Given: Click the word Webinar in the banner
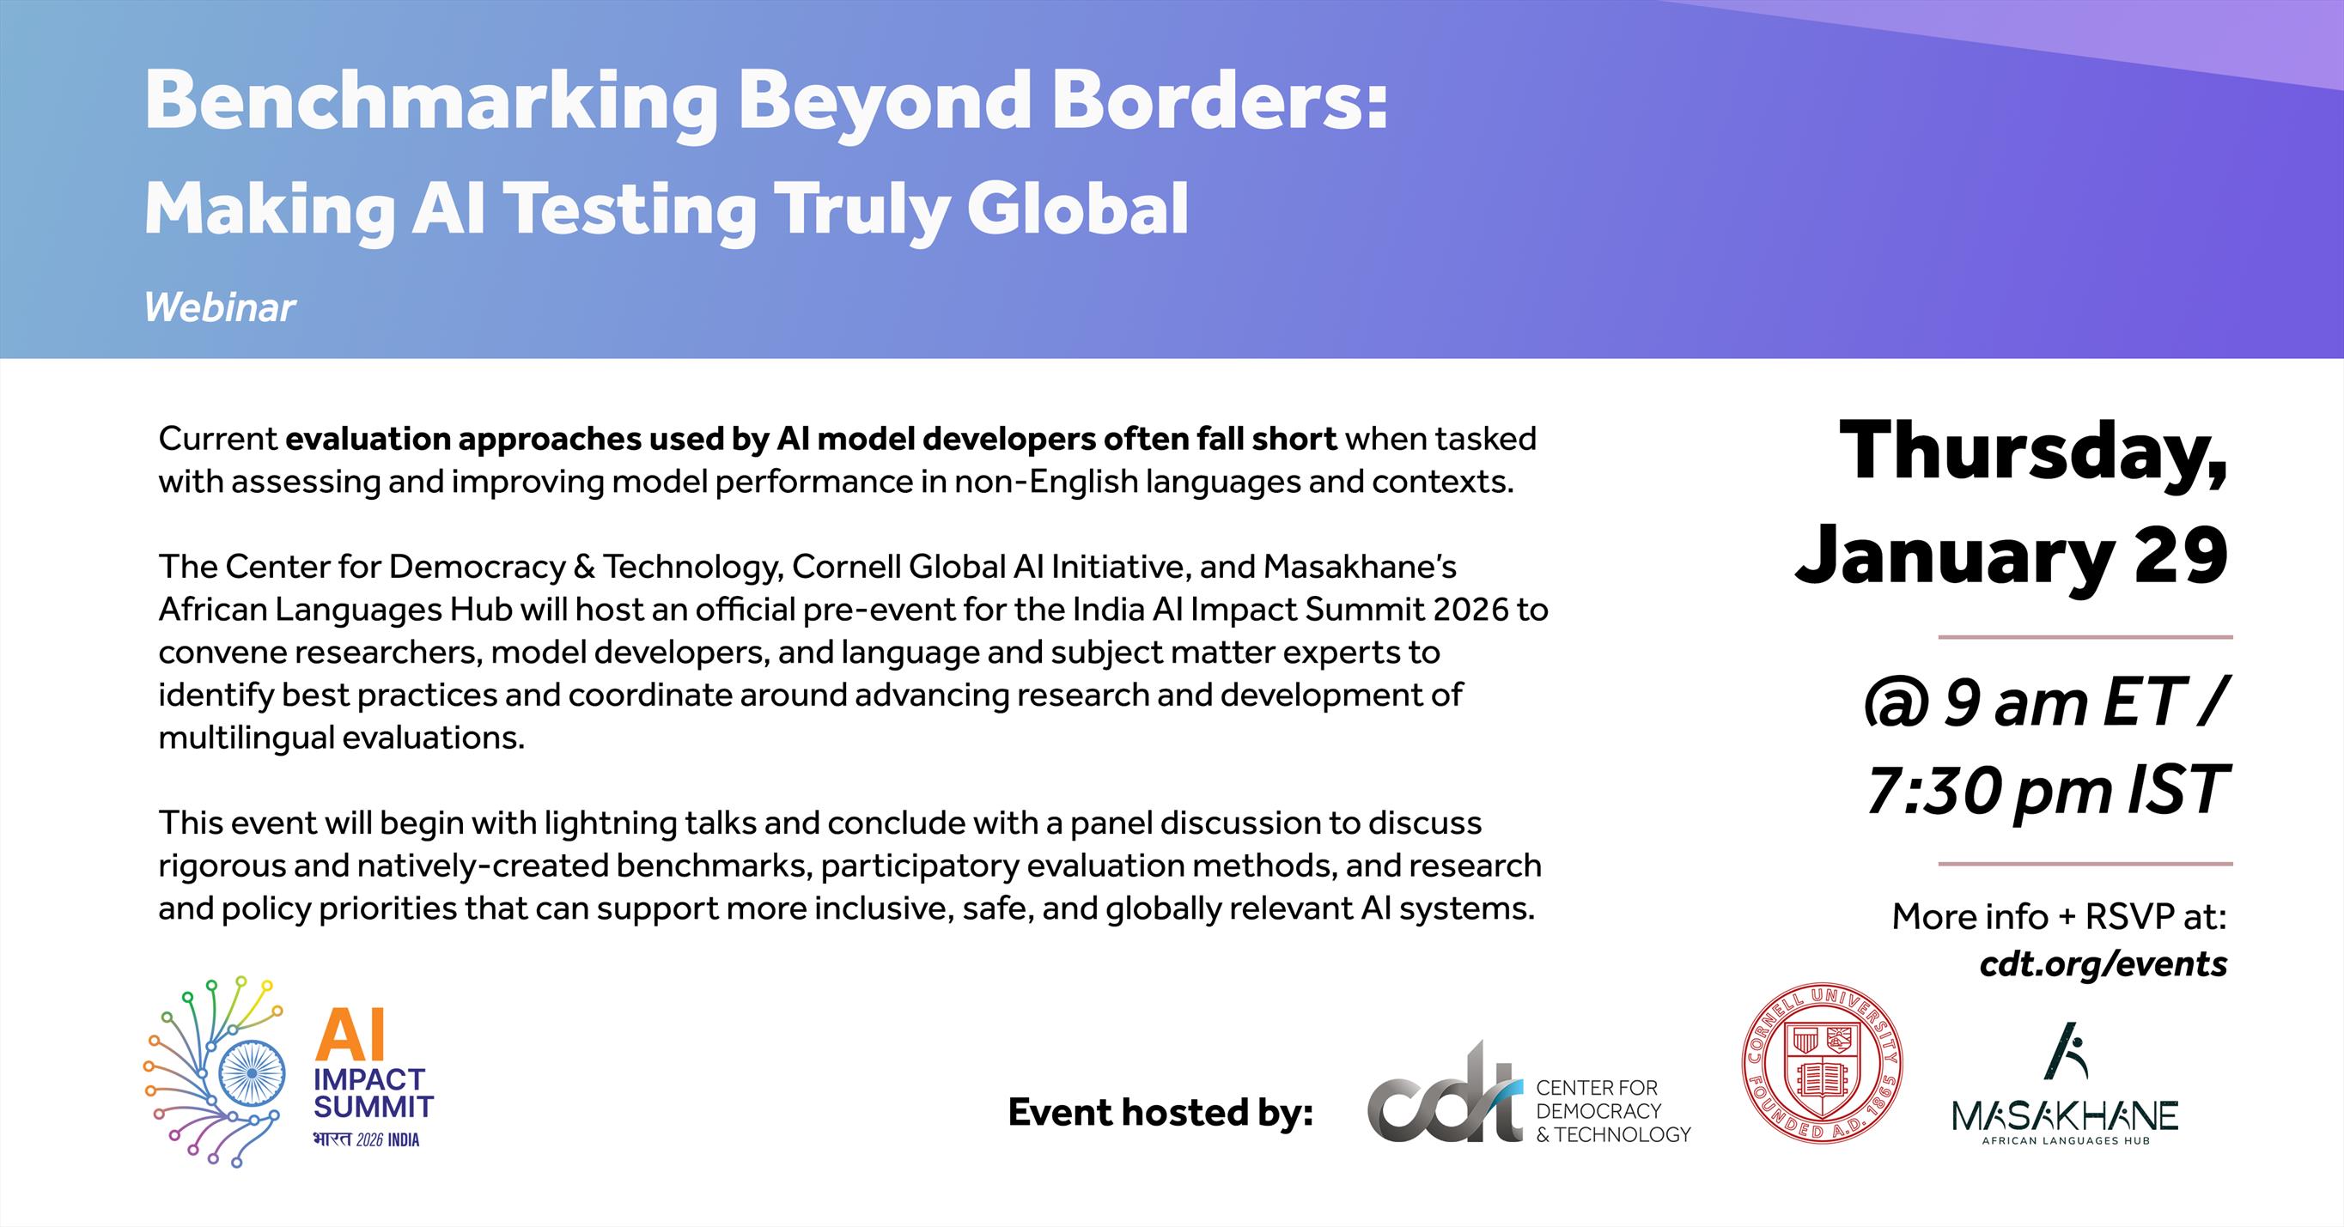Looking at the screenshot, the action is (219, 307).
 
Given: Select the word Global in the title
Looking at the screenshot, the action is (1077, 210).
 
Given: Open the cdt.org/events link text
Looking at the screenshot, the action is (2103, 963).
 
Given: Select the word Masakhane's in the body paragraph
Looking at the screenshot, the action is (1360, 567).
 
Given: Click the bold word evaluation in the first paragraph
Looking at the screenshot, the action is (367, 439).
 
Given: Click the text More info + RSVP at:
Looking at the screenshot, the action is (2059, 916).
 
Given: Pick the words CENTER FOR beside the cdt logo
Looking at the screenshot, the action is (1597, 1088).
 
